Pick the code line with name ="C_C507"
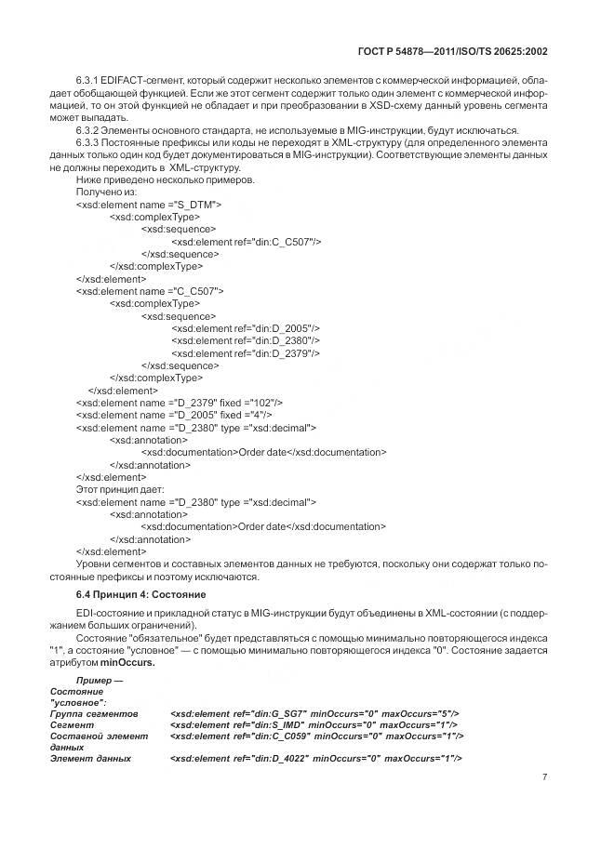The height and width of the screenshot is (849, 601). [x=149, y=290]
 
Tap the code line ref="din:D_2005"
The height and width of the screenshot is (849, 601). [x=246, y=328]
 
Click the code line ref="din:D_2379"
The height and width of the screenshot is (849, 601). [x=246, y=353]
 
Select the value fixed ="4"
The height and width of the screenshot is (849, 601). [x=248, y=415]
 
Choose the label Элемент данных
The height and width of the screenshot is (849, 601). [x=89, y=759]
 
